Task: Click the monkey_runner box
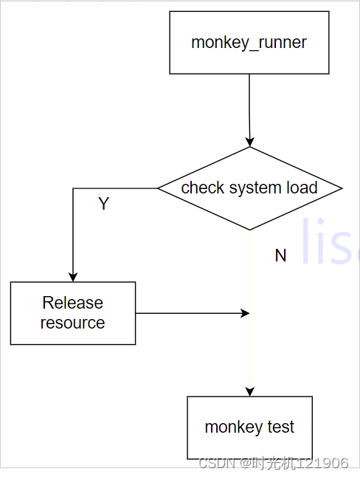249,43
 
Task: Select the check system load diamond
250,188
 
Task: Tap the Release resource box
73,313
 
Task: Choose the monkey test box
249,428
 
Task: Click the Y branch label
104,205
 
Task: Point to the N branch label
280,255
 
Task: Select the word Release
73,303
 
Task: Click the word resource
73,323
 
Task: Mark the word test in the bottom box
282,427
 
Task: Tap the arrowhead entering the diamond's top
250,142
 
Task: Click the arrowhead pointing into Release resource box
73,277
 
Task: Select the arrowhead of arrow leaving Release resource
246,313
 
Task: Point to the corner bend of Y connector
73,188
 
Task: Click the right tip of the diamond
341,188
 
